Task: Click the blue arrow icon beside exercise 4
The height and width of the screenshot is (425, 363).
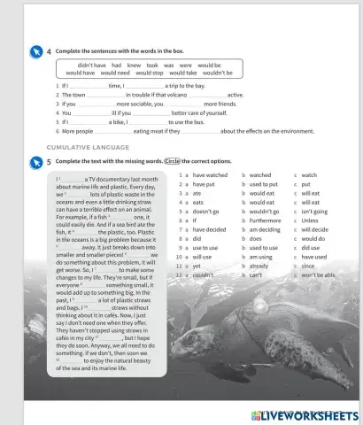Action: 35,51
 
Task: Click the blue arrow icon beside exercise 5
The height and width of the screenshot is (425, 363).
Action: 35,162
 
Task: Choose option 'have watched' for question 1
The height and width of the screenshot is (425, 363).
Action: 210,175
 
